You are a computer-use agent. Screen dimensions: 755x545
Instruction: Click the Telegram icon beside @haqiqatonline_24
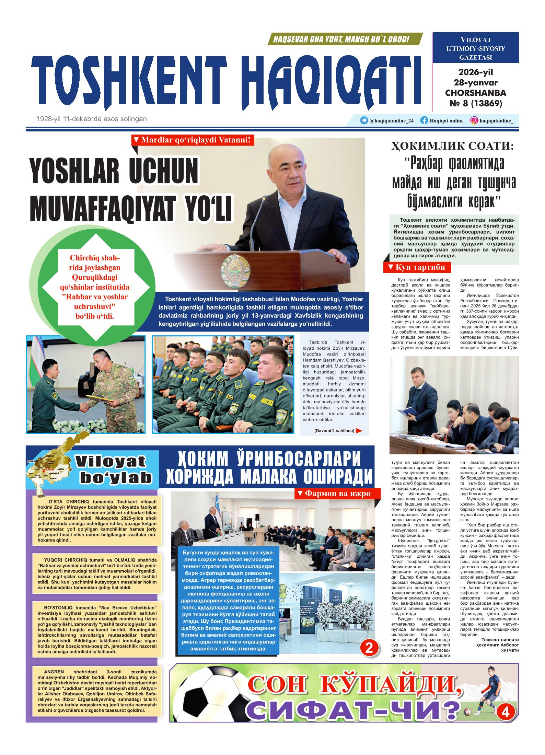pos(364,120)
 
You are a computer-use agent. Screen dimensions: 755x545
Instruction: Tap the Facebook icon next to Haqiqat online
pos(424,120)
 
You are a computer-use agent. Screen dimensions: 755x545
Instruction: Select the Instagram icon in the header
pos(474,120)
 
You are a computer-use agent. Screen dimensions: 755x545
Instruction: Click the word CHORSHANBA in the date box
pos(475,93)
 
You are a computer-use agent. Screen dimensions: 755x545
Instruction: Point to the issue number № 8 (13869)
pos(475,103)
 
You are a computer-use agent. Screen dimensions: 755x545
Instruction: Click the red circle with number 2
pos(369,648)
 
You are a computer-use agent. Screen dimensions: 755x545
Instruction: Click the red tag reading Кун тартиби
pos(417,267)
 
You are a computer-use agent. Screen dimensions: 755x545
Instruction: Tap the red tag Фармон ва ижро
pos(338,493)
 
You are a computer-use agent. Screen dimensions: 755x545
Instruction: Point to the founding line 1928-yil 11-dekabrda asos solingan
pos(92,119)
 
